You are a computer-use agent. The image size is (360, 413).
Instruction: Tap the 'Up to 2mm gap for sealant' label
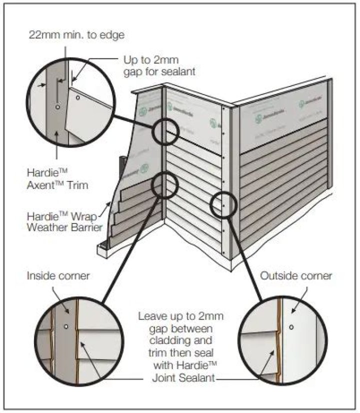click(159, 65)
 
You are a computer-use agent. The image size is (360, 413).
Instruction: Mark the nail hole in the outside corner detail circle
click(291, 327)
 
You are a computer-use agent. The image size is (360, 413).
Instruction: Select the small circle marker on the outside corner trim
click(223, 205)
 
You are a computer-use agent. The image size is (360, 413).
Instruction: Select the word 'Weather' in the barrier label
click(49, 227)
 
